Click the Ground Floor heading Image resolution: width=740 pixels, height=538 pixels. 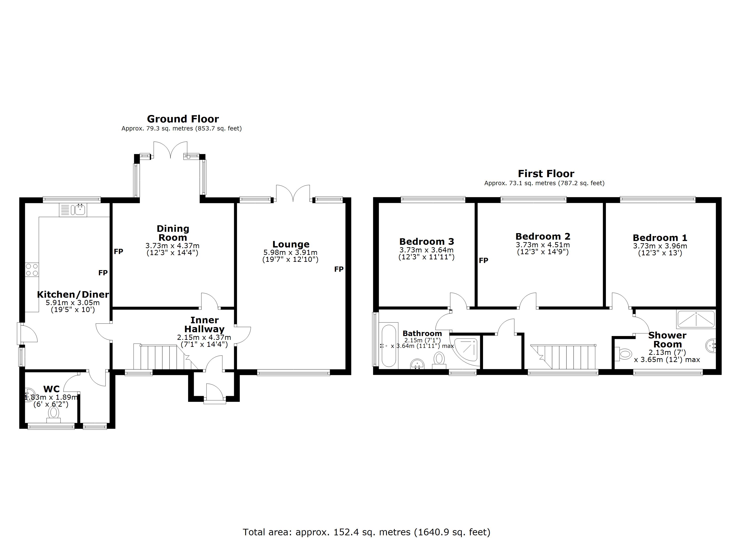click(183, 119)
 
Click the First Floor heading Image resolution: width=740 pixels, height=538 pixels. click(546, 174)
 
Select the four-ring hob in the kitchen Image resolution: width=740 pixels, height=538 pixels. click(32, 270)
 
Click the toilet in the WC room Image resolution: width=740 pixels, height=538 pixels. click(54, 414)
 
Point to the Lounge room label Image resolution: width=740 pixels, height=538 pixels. click(291, 244)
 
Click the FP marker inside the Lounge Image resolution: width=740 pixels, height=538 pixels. click(339, 269)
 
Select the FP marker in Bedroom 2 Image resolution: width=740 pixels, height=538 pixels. click(483, 260)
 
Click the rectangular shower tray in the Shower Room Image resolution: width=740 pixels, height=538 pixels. click(696, 319)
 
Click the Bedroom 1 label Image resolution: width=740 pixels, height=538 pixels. click(660, 238)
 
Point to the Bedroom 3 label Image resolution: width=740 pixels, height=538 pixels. click(427, 242)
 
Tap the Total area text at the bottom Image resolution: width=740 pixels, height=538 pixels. click(366, 532)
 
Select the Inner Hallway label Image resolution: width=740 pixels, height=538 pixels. click(204, 325)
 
